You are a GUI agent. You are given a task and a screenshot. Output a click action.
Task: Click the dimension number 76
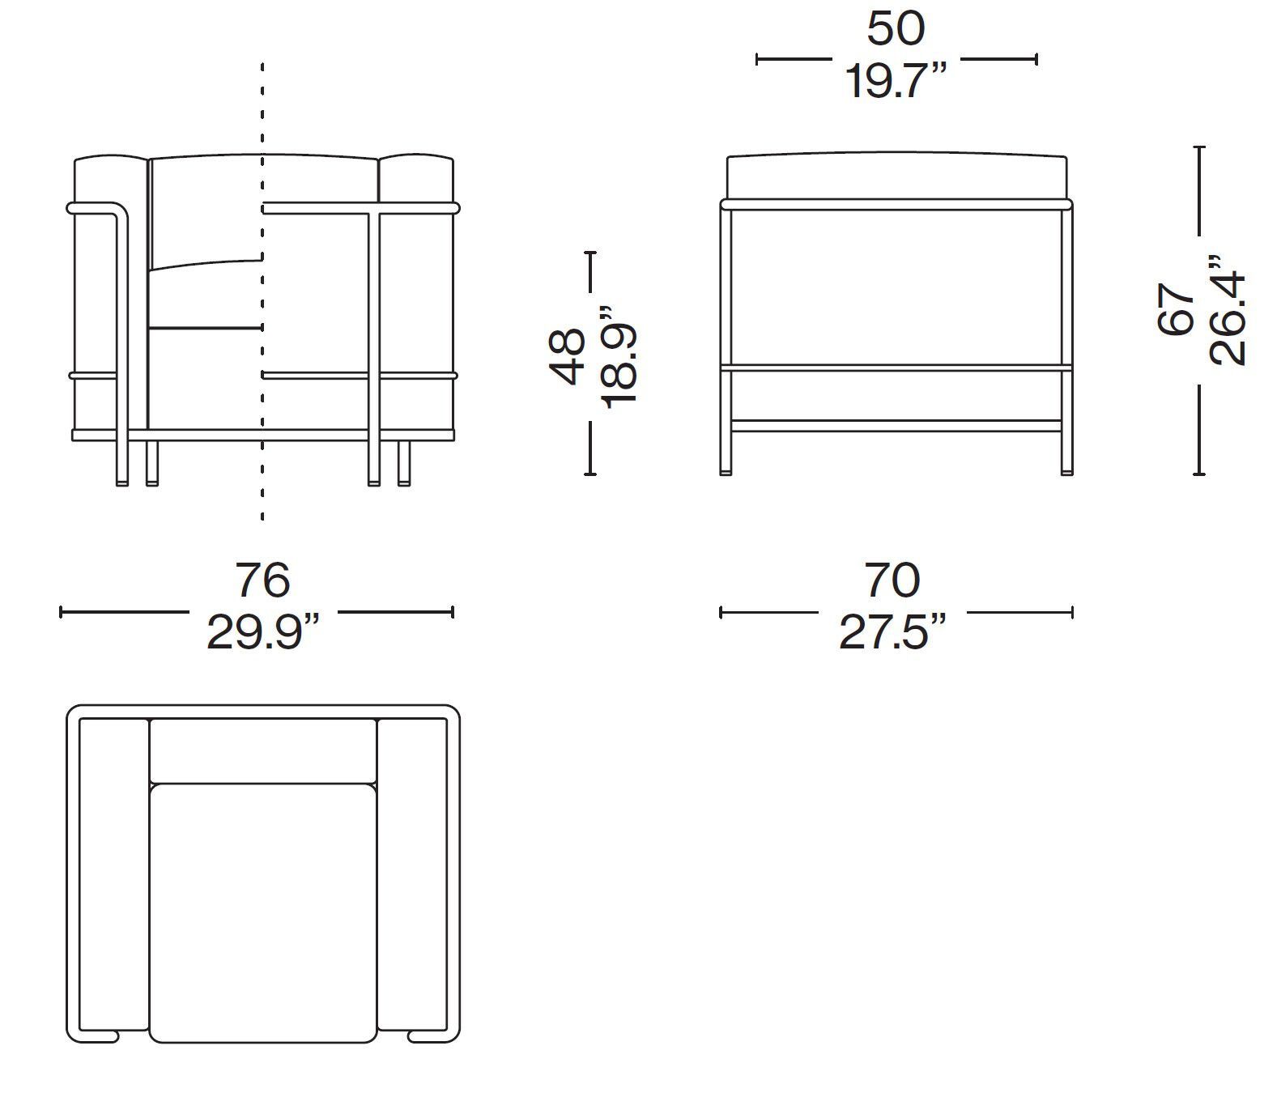[x=262, y=580]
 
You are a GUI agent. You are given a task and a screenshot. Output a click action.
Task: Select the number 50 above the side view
[x=896, y=29]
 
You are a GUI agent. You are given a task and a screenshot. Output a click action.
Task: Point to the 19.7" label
[x=896, y=81]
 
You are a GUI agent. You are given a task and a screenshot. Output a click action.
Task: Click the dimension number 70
[x=892, y=580]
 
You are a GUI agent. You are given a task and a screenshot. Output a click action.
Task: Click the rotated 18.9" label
[x=619, y=356]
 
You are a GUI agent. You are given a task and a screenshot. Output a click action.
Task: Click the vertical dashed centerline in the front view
[x=262, y=121]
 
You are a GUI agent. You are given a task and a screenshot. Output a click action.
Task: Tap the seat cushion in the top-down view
[x=262, y=911]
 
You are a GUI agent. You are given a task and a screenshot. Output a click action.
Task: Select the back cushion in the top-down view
[x=262, y=750]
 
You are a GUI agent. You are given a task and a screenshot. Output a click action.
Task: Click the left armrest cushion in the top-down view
[x=113, y=874]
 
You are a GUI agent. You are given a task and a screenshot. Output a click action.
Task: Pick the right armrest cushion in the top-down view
[x=411, y=874]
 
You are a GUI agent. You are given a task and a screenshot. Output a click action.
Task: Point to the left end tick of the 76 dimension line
[x=61, y=612]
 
